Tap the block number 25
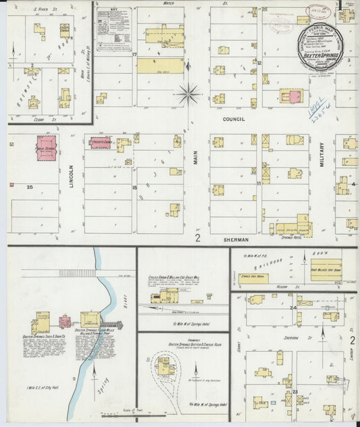pos(30,186)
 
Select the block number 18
pos(135,187)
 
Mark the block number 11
pos(258,183)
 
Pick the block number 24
pos(294,307)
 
